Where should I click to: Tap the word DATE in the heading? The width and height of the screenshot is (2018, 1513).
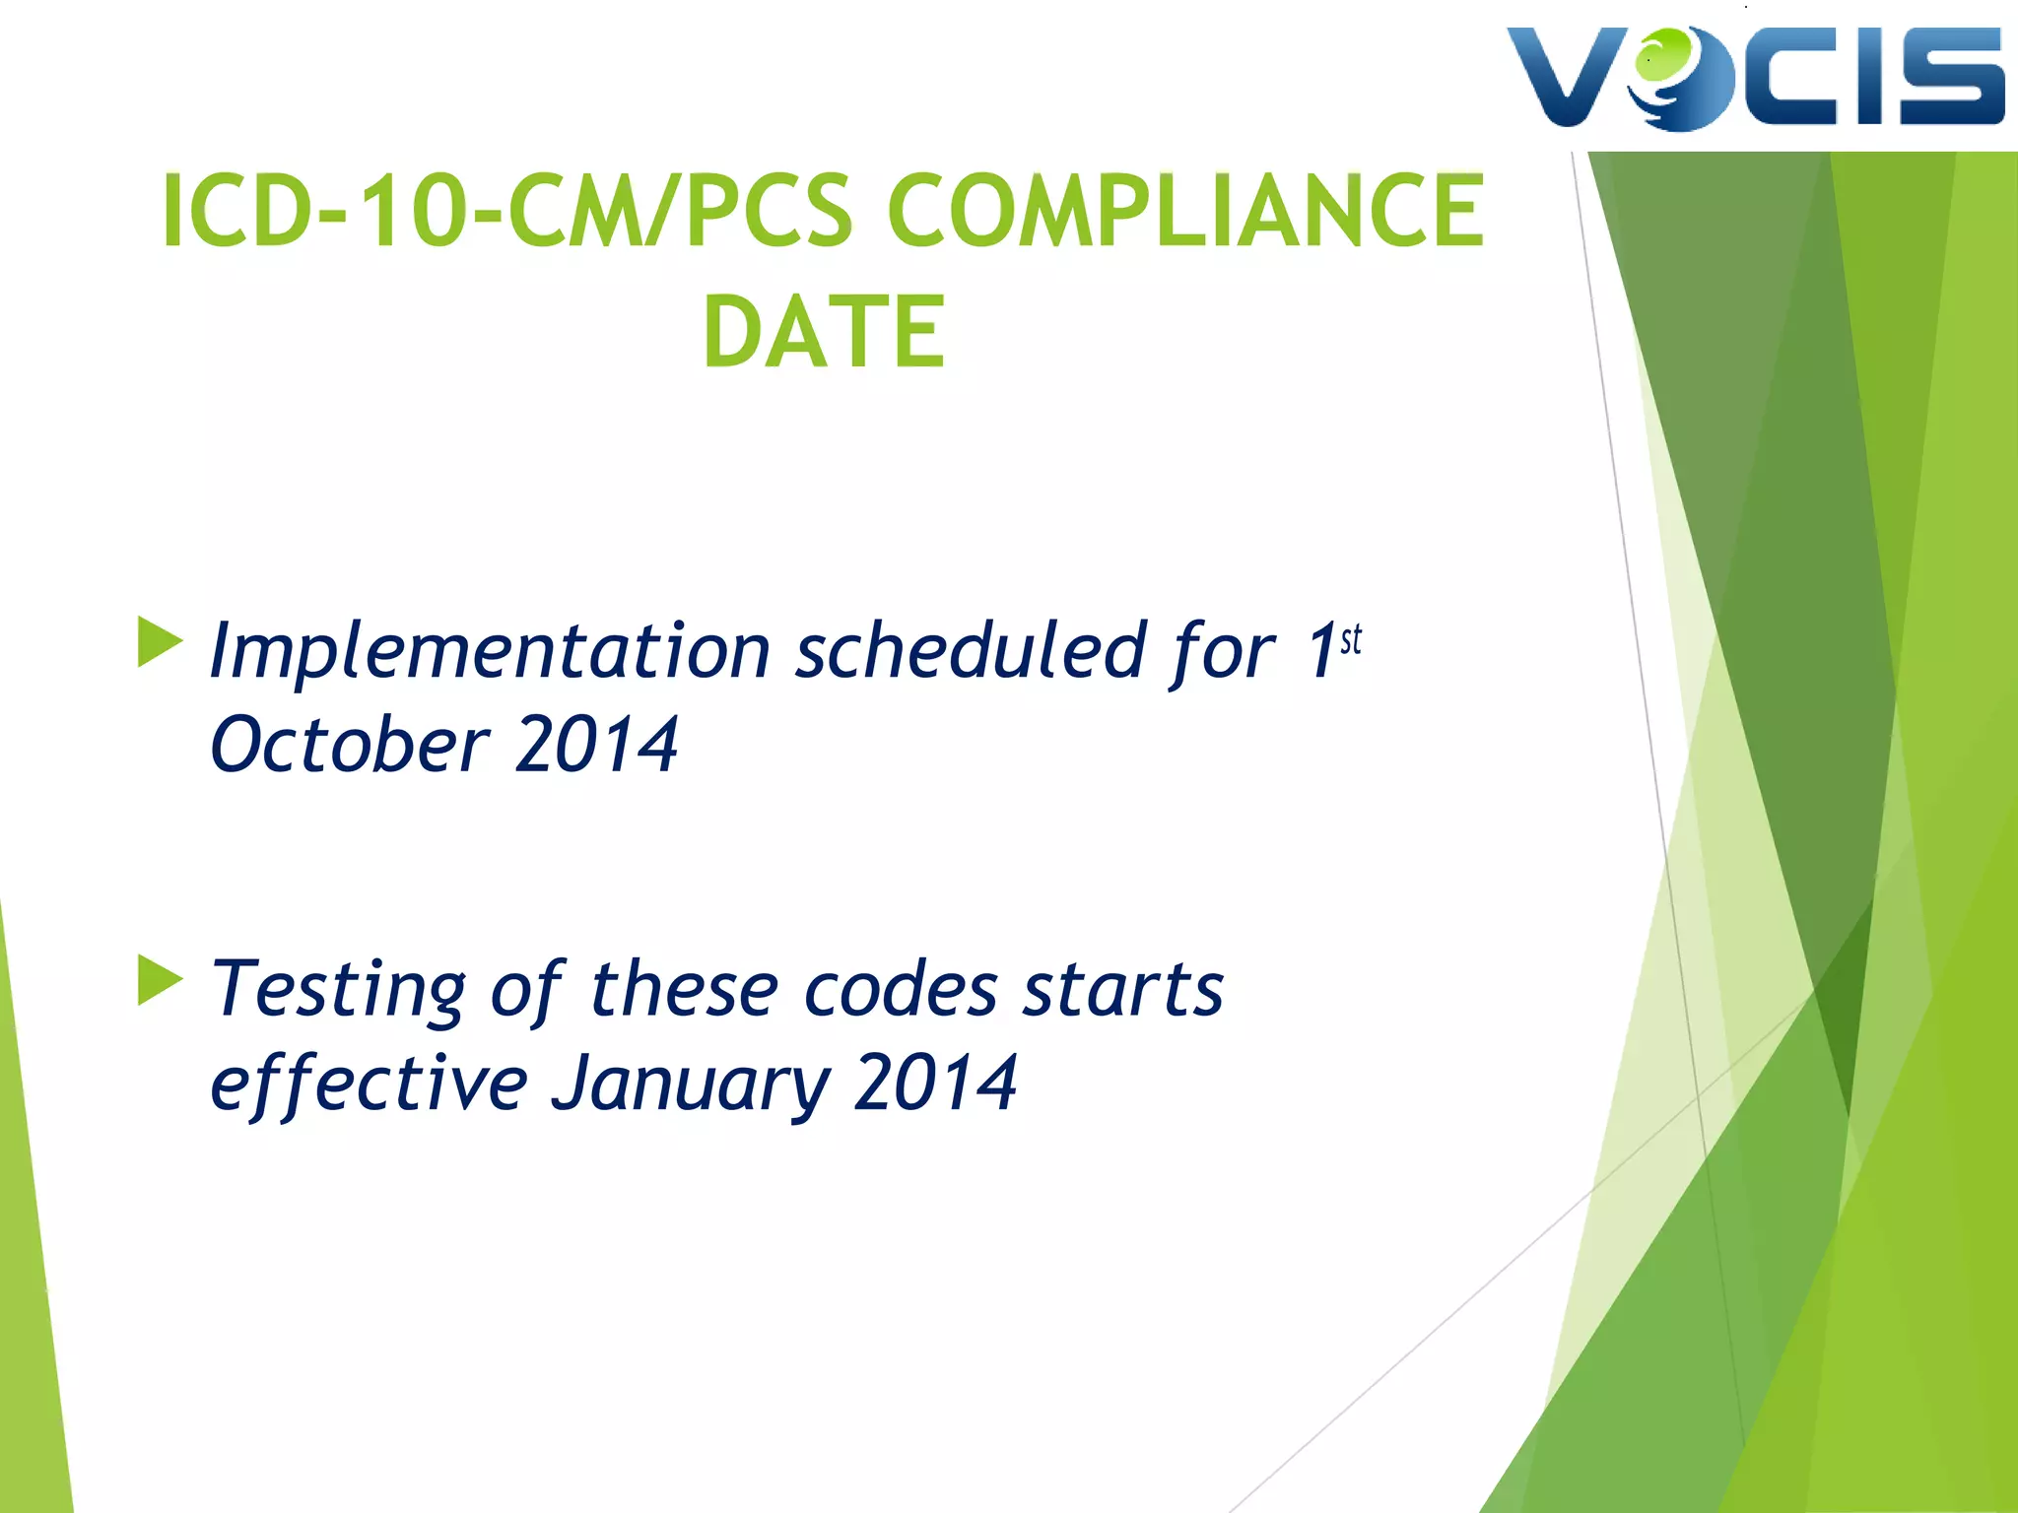click(824, 333)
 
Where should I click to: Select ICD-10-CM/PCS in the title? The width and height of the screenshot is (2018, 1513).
click(506, 211)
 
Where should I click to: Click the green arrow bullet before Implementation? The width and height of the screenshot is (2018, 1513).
click(160, 641)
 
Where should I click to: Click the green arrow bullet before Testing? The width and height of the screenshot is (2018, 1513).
click(160, 980)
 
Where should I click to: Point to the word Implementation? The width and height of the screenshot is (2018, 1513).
click(490, 653)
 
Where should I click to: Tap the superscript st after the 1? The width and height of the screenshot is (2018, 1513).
click(1351, 639)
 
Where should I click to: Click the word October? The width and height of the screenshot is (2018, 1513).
click(349, 746)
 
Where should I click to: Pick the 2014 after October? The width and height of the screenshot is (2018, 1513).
click(596, 746)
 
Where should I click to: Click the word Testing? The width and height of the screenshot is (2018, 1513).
click(339, 990)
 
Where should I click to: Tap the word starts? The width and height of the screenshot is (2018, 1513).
click(1123, 989)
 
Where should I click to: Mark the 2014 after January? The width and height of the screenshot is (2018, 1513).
click(935, 1083)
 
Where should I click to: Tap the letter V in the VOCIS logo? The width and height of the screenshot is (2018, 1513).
click(1567, 77)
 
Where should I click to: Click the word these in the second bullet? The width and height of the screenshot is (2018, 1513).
click(684, 989)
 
